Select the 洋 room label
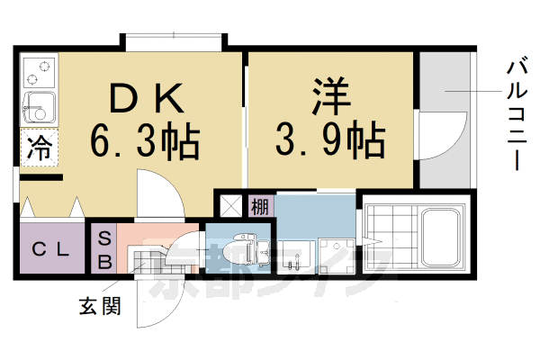330,96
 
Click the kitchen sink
38,105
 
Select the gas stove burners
38,68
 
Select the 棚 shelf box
259,205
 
